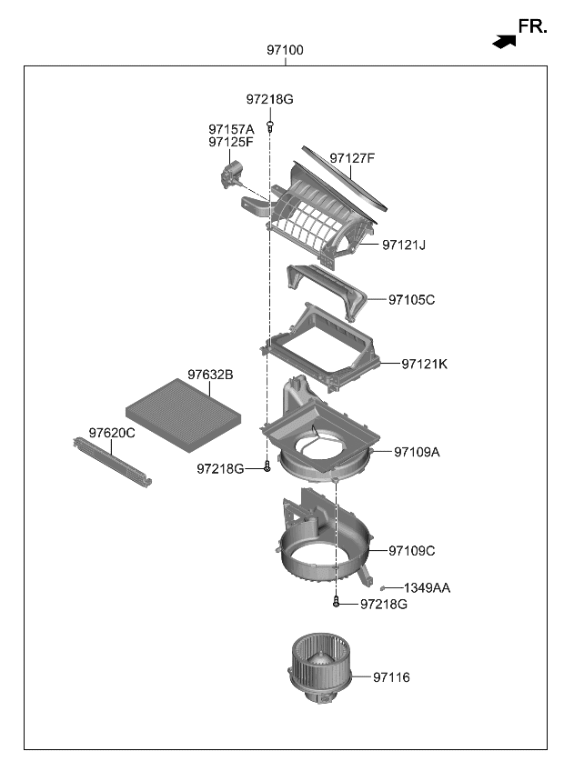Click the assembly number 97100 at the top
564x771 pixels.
285,51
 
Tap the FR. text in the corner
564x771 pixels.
532,27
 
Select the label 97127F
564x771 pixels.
352,158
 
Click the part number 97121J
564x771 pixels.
404,245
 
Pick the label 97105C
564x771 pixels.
411,299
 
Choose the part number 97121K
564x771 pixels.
425,364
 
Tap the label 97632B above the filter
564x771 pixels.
211,375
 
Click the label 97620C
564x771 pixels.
112,433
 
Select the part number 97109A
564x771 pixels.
417,451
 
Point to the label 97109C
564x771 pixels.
411,550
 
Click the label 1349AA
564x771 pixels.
427,588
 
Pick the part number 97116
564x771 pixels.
391,677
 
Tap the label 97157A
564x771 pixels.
231,129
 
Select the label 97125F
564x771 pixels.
231,142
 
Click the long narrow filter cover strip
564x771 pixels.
111,461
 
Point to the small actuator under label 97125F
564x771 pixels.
234,172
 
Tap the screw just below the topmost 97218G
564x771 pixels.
270,124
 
